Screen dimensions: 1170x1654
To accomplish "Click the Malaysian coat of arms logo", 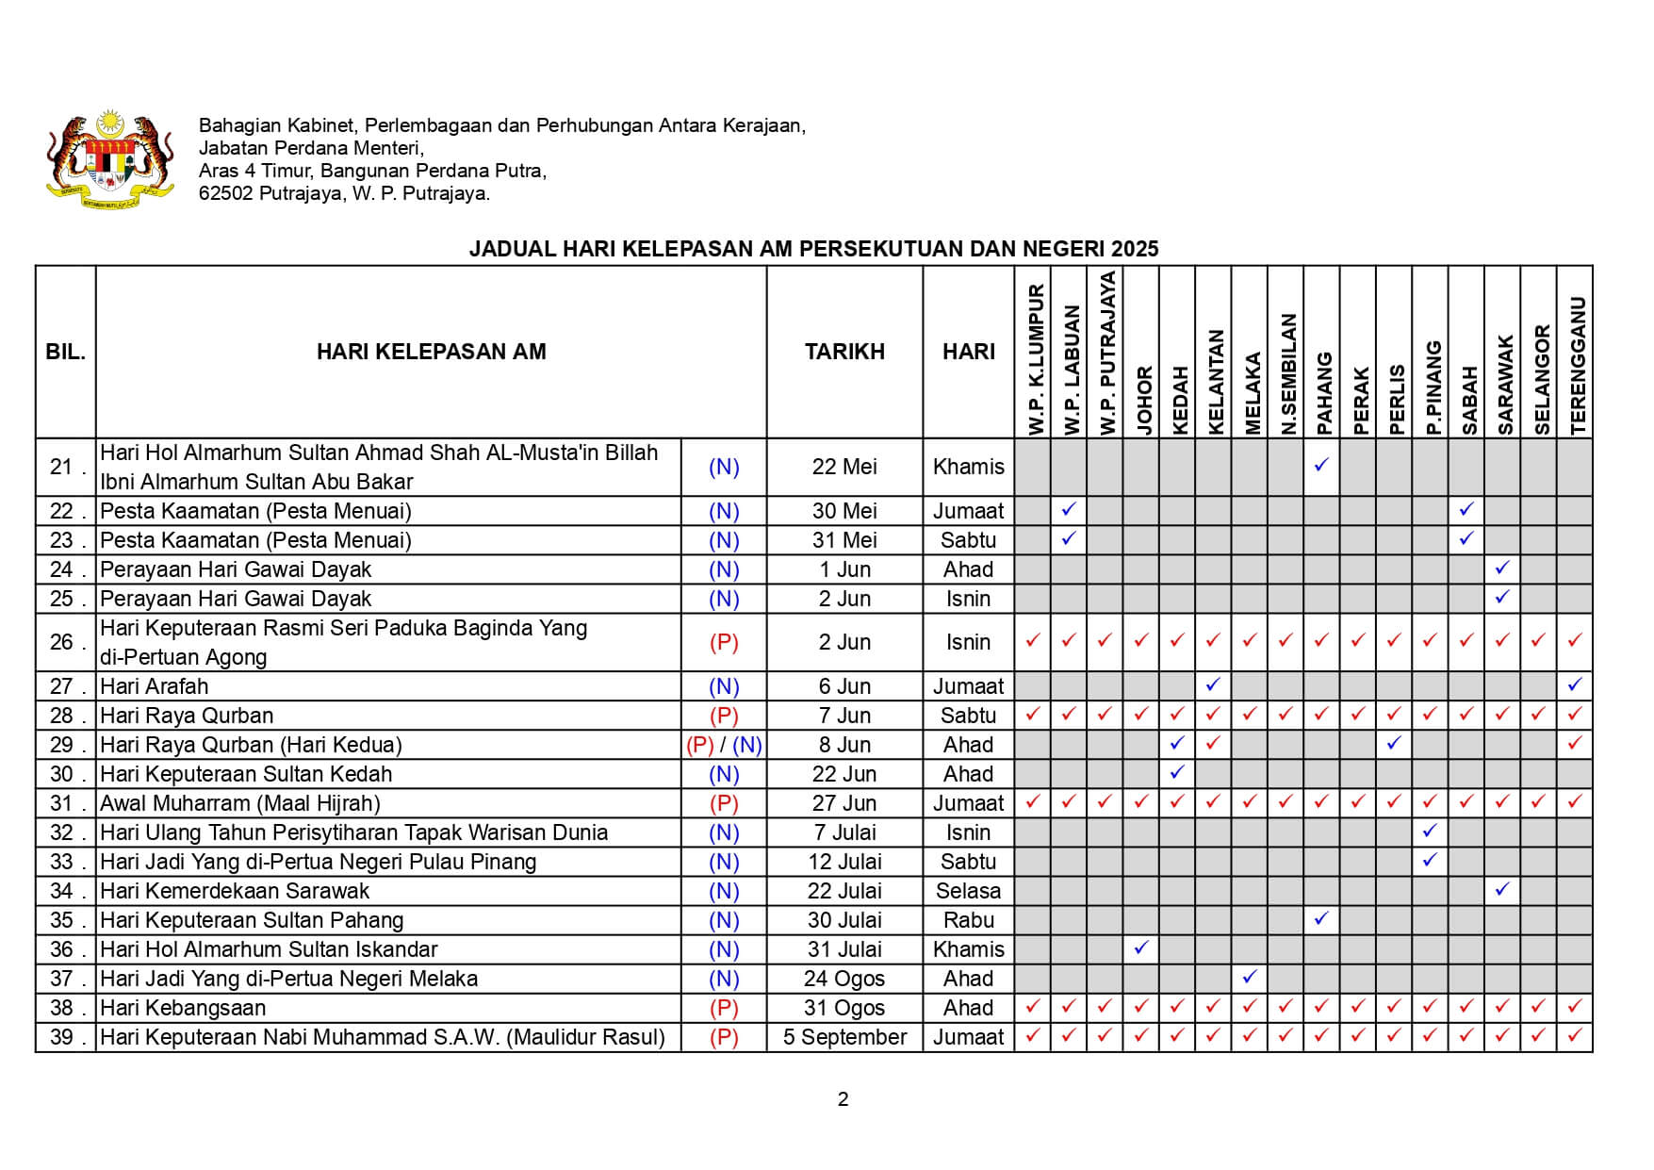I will tap(109, 159).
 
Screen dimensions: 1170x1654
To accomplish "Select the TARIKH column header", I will tap(844, 352).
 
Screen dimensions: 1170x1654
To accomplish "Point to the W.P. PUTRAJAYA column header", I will tap(1105, 354).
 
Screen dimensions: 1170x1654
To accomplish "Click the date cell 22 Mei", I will tap(844, 467).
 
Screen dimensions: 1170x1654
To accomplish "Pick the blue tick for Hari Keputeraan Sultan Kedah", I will tap(1177, 773).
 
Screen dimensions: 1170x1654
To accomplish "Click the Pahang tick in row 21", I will tap(1321, 465).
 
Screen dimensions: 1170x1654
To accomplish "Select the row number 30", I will tap(61, 774).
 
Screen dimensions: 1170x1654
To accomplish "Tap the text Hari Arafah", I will tap(155, 686).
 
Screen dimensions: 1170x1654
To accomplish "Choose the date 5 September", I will tap(844, 1037).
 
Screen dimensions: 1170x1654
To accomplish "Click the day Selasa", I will tap(968, 891).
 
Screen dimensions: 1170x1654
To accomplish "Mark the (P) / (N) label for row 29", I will tap(724, 745).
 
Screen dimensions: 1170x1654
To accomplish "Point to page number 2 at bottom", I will tap(843, 1099).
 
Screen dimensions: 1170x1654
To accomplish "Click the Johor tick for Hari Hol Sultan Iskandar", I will tap(1141, 948).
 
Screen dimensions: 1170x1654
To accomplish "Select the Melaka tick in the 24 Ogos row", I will tap(1250, 977).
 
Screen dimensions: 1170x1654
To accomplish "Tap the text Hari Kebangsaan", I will tap(183, 1008).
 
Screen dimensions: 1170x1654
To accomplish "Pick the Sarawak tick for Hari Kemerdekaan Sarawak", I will tap(1502, 889).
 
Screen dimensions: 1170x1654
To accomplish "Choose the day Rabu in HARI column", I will tap(968, 920).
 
